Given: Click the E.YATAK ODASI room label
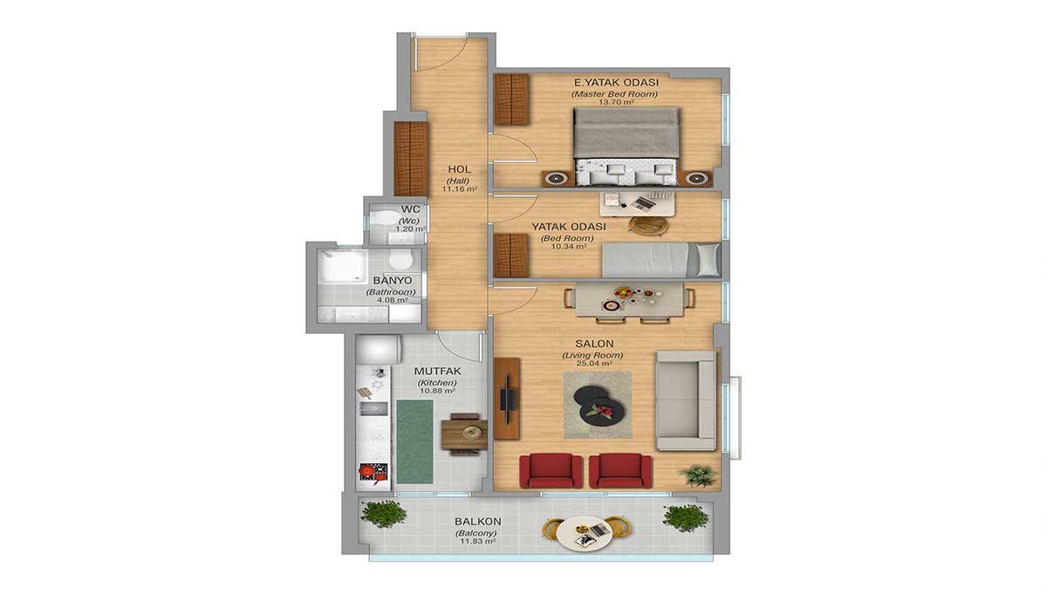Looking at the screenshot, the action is pos(616,82).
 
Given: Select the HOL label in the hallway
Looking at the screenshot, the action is pos(460,169).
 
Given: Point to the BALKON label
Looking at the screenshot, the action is pos(478,521).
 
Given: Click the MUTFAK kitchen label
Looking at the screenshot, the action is pos(437,371).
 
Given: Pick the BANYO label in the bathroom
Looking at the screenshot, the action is pos(393,281).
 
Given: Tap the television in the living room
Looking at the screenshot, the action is pos(508,399).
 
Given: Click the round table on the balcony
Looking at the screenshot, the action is pos(585,533).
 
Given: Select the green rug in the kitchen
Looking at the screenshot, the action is pos(414,441).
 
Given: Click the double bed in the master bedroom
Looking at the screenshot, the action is pos(626,147).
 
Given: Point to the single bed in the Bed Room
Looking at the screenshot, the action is pos(660,260).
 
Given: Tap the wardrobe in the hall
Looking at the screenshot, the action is pos(411,159).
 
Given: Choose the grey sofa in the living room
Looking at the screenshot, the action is pos(686,401).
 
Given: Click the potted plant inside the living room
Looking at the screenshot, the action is pos(698,476).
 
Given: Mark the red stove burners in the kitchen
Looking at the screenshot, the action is pos(373,472).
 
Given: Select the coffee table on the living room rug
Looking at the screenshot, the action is pos(599,406).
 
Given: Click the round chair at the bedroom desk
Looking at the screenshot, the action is pos(648,225).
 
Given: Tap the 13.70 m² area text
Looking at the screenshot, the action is pos(617,101).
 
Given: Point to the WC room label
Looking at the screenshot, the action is pos(410,209).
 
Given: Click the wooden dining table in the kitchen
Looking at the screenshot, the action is pos(464,434).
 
